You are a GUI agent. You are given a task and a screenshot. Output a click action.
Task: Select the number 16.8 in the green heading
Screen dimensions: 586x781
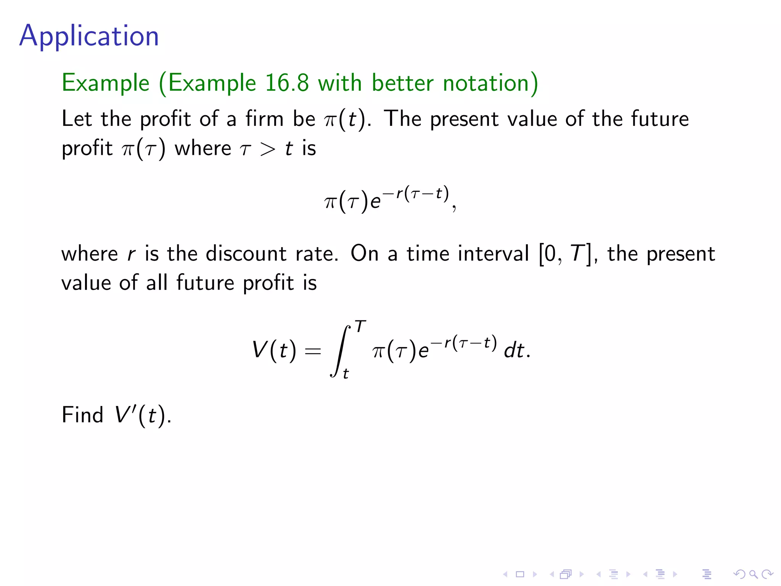(287, 83)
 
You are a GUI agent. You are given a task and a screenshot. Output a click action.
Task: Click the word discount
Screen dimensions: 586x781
(246, 254)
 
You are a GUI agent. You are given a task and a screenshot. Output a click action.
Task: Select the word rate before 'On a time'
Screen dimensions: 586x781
(317, 254)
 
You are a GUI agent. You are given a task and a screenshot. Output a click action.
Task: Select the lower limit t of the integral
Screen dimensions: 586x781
(346, 373)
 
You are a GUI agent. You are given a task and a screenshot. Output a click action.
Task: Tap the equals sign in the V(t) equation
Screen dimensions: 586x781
(313, 351)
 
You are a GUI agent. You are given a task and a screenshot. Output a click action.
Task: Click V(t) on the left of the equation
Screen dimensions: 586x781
(274, 350)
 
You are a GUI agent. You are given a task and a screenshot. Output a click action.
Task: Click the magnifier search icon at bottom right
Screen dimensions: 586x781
(753, 574)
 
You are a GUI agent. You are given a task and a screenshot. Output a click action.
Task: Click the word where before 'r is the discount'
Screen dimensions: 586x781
(90, 254)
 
